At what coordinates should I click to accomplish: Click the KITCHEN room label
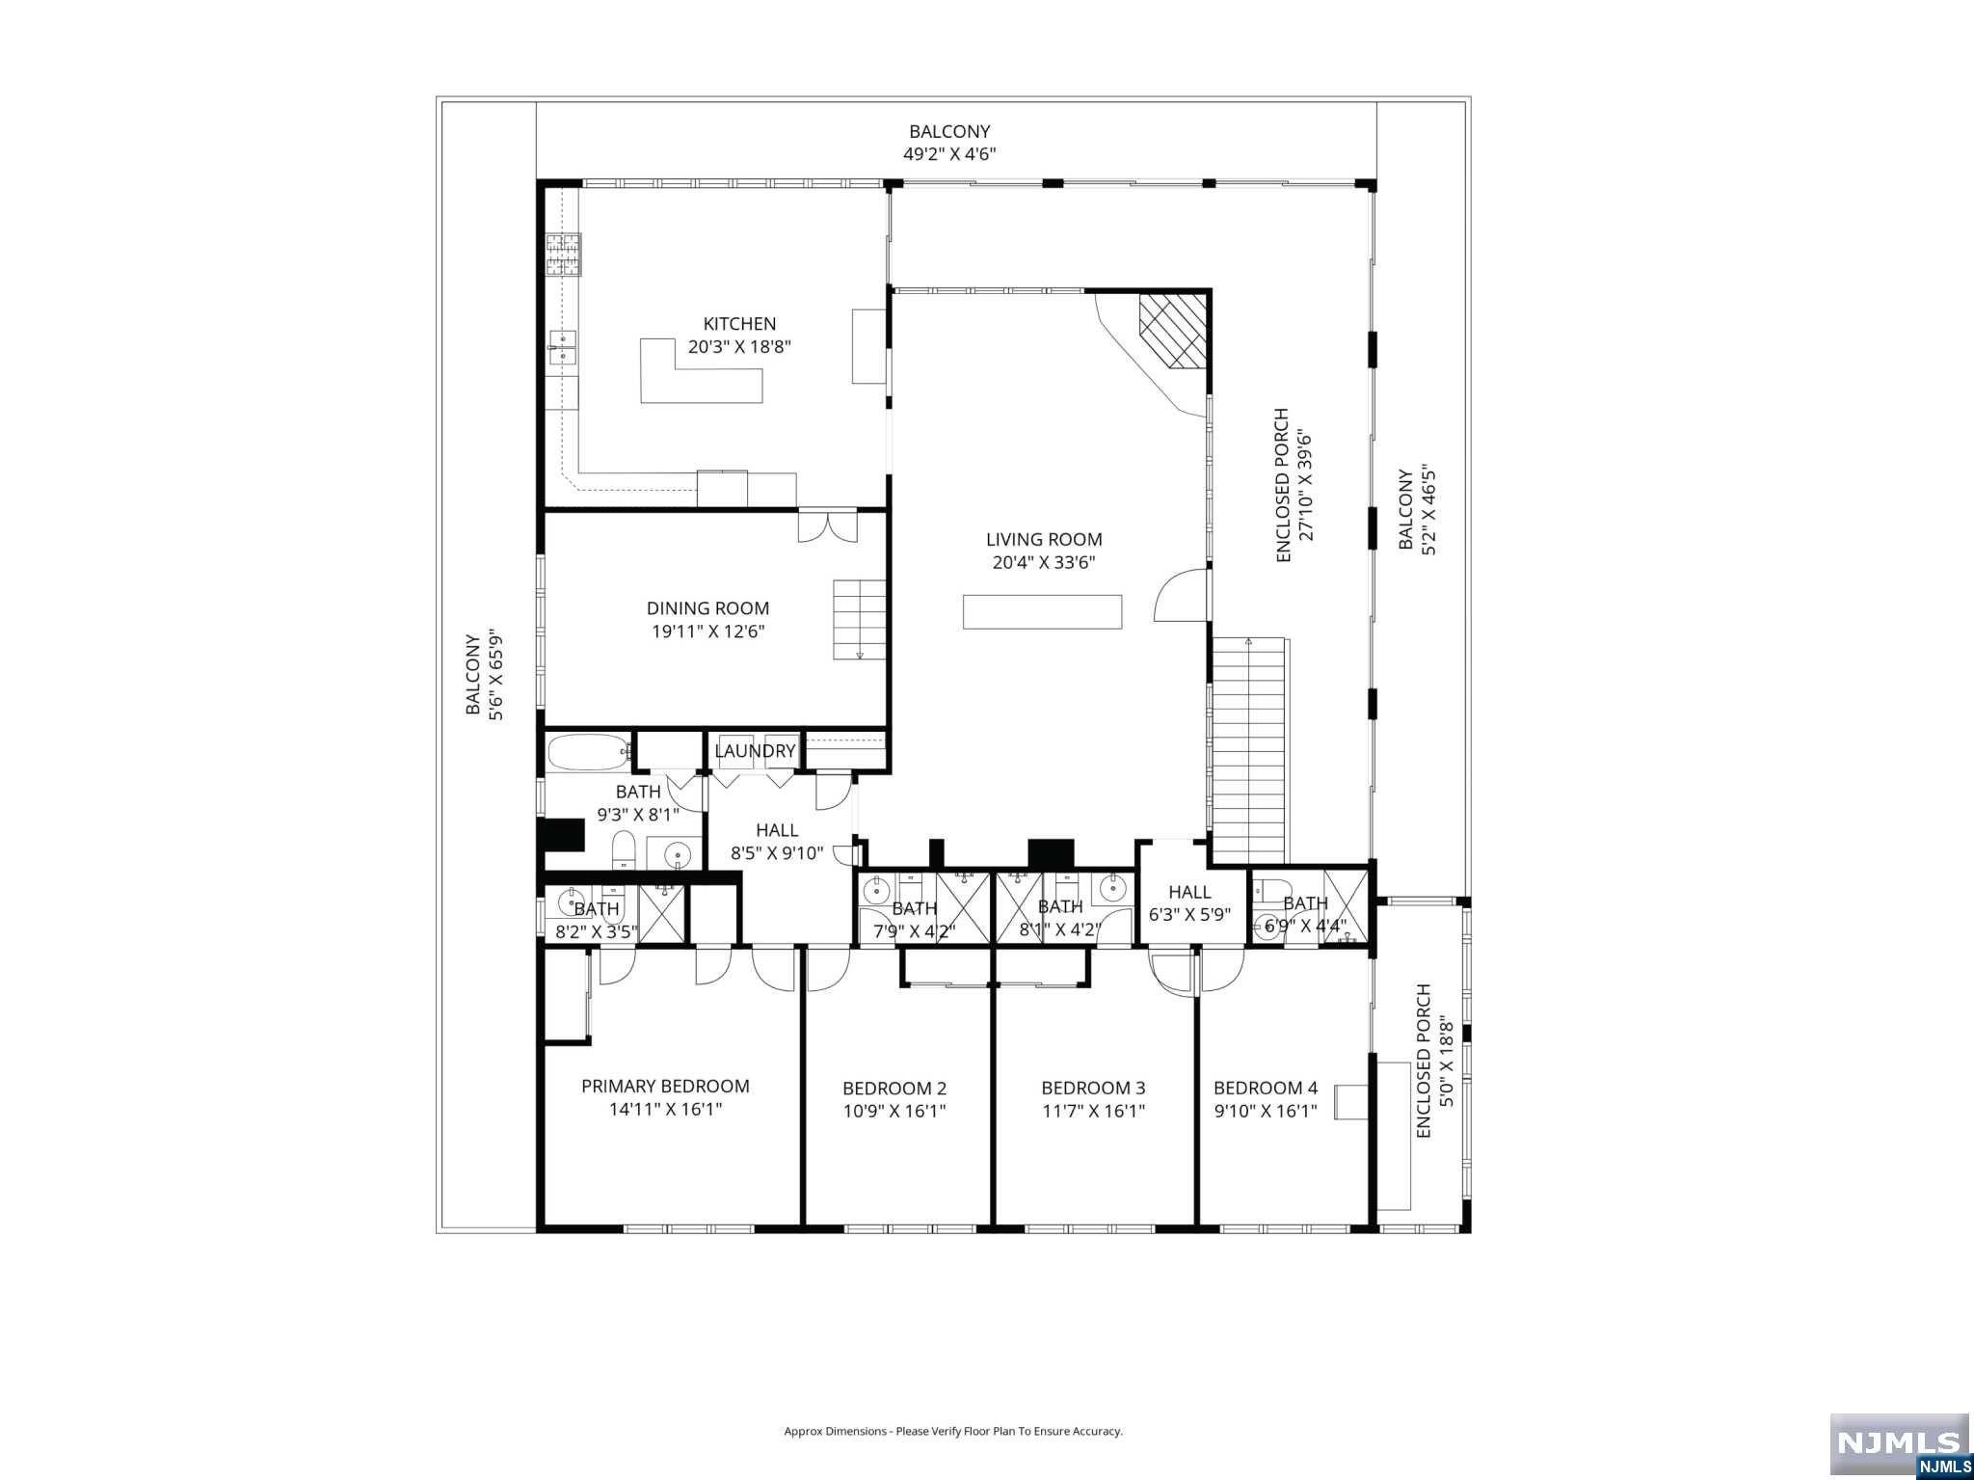tap(739, 324)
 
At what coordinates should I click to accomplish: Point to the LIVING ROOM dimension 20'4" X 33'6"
tap(1044, 563)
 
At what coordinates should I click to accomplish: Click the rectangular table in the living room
tap(1042, 611)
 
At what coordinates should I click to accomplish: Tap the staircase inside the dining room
tap(860, 620)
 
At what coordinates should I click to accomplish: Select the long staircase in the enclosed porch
tap(1249, 752)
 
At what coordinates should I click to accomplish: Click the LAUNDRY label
tap(755, 751)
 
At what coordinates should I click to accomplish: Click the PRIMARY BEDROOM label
tap(665, 1086)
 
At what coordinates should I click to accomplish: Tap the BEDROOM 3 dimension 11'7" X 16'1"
tap(1093, 1111)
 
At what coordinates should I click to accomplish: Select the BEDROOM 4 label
tap(1265, 1088)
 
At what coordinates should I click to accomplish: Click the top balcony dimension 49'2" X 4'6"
tap(949, 153)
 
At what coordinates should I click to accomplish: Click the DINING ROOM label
tap(707, 608)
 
